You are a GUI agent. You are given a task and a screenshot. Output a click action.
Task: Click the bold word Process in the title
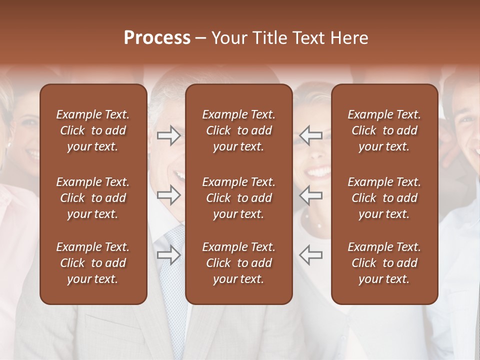(x=157, y=38)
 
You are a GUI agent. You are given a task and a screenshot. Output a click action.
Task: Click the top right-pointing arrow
(x=168, y=135)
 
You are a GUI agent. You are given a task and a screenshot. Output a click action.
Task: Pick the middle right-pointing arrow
(x=168, y=195)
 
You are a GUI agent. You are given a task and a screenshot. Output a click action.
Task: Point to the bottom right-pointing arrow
(x=168, y=255)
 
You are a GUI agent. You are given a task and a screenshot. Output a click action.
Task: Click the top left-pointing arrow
(x=311, y=135)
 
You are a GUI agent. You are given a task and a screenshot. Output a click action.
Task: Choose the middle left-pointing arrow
(x=311, y=195)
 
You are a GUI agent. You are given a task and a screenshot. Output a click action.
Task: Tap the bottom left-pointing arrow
(x=311, y=255)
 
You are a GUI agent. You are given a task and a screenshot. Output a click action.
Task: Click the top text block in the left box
(x=93, y=130)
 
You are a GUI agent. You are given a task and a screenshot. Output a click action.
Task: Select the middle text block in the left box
(x=93, y=198)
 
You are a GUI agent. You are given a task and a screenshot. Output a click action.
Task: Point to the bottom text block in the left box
(x=93, y=263)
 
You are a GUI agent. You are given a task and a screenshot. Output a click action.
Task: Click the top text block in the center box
(x=238, y=130)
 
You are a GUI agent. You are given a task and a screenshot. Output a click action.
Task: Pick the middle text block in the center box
(x=238, y=198)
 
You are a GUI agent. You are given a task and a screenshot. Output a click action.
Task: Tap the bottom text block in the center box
(x=238, y=263)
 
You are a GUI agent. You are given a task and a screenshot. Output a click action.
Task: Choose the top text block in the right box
(x=384, y=130)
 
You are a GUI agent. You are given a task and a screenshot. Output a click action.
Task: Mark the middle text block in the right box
(x=384, y=198)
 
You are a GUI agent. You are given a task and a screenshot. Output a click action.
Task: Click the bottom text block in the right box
(x=384, y=263)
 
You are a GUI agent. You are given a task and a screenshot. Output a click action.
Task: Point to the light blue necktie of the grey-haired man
(x=174, y=280)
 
